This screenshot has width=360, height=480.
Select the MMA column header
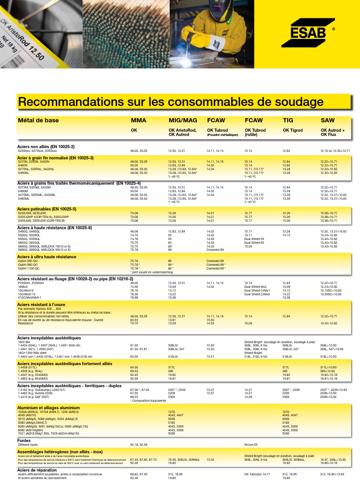138,120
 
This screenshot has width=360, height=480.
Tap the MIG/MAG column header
183,120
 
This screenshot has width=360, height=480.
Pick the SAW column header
328,120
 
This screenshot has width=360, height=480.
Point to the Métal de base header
38,120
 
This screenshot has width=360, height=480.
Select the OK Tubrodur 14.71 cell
257,474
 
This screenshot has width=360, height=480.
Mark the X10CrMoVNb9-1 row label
30,297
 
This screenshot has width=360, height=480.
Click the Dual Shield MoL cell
255,286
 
